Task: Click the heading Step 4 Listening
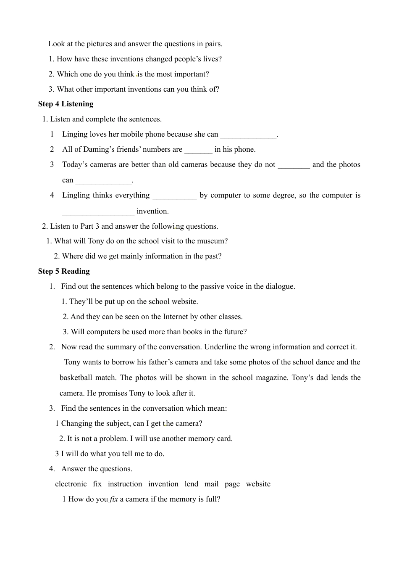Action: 66,104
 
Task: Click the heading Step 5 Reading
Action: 64,271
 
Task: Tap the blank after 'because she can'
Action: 248,135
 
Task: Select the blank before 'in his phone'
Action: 198,150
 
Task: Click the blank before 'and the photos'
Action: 294,165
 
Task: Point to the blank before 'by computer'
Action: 174,196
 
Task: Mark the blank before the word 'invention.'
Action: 98,212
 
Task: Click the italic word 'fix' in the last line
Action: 114,499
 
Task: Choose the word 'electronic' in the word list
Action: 71,484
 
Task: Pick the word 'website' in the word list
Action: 258,484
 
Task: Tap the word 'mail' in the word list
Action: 211,484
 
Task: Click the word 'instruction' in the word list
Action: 125,484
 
